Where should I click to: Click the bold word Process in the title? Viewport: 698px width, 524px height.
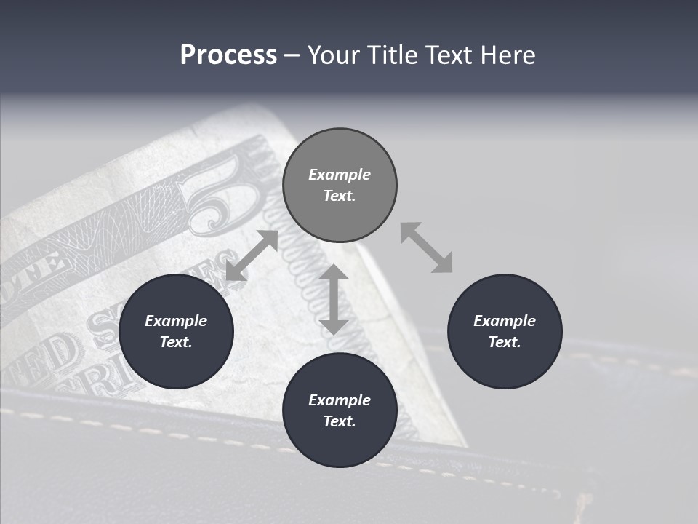click(x=228, y=55)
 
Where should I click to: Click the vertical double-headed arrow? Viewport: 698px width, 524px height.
click(x=334, y=299)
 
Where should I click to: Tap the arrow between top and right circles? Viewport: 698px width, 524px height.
click(x=426, y=247)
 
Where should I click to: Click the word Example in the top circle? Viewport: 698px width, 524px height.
click(x=340, y=175)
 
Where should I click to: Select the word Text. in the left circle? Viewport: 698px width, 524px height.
click(x=176, y=342)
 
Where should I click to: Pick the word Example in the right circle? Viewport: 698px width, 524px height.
click(x=505, y=321)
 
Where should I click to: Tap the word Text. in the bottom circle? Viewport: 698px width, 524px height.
click(x=340, y=421)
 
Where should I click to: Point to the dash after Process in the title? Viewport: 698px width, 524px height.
click(x=292, y=55)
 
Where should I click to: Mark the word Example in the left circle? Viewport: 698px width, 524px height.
click(x=176, y=321)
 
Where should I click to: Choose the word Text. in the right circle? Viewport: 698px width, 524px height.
click(x=505, y=342)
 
